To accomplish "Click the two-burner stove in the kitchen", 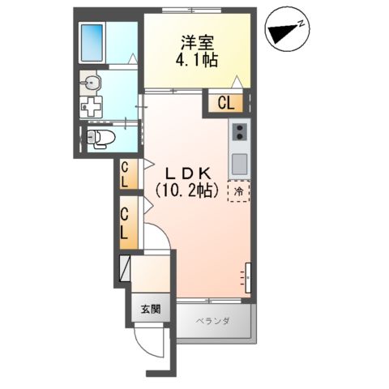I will coord(240,132).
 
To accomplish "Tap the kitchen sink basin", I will coord(240,162).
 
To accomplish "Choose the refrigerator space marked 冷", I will coord(239,192).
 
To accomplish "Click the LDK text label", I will coord(189,173).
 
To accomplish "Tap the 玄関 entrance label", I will coord(150,308).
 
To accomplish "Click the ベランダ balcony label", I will coord(213,322).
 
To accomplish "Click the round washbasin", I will coord(92,83).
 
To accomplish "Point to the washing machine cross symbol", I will coord(94,106).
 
